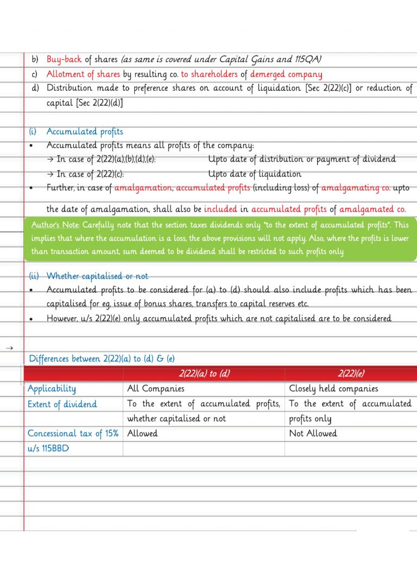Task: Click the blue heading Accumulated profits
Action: click(85, 132)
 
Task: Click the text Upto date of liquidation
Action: click(255, 174)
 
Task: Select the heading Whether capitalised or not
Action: click(97, 276)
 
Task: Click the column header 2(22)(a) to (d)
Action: click(204, 374)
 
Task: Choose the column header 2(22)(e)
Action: click(351, 374)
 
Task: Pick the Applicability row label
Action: click(52, 389)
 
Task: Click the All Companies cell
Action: click(156, 389)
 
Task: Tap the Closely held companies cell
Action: click(334, 389)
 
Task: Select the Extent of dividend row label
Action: click(62, 404)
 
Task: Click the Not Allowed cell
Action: click(313, 433)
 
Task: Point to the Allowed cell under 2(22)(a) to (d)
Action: click(142, 433)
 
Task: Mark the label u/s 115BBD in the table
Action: click(49, 449)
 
